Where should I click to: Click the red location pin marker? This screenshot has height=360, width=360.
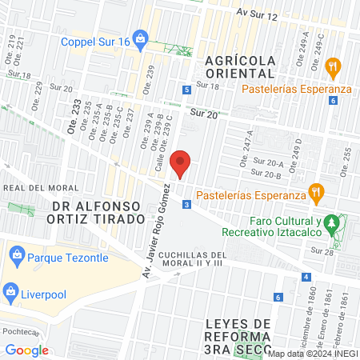coord(181,163)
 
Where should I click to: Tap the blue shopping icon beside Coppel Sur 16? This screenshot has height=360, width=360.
coord(141,37)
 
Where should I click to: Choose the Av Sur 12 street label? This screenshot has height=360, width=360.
coord(257,15)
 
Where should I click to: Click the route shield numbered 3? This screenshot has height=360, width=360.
coord(186,206)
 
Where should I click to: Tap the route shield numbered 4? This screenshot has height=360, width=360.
coord(306,278)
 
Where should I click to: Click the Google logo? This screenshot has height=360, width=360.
coord(26,350)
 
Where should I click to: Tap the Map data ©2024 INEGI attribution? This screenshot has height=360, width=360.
coord(313,354)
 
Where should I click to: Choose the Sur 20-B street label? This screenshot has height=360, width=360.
coord(266,173)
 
